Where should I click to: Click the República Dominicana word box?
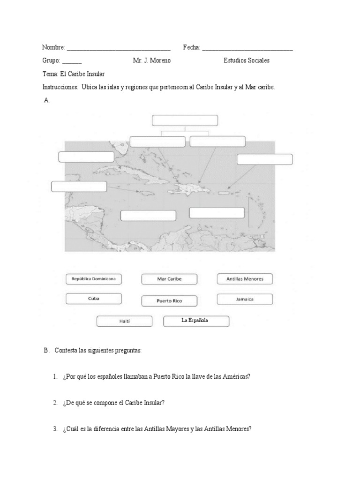(x=94, y=279)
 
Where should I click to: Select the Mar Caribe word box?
(x=169, y=279)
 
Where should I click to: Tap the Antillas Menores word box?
(x=245, y=279)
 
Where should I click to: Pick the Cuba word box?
(x=94, y=299)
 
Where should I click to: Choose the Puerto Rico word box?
(x=169, y=301)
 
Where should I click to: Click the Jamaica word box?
(x=245, y=299)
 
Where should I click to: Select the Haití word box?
(x=124, y=321)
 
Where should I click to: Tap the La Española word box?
(x=196, y=321)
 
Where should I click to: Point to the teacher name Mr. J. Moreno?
(x=152, y=60)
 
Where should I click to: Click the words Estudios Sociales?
(x=247, y=60)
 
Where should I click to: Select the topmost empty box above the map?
(x=185, y=120)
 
